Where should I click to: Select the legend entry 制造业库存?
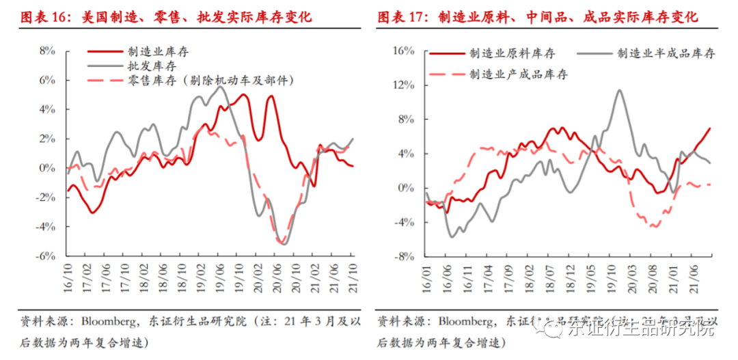[x=151, y=51]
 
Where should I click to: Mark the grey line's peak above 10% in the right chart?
[x=618, y=90]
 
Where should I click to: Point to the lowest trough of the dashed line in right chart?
[x=654, y=226]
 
